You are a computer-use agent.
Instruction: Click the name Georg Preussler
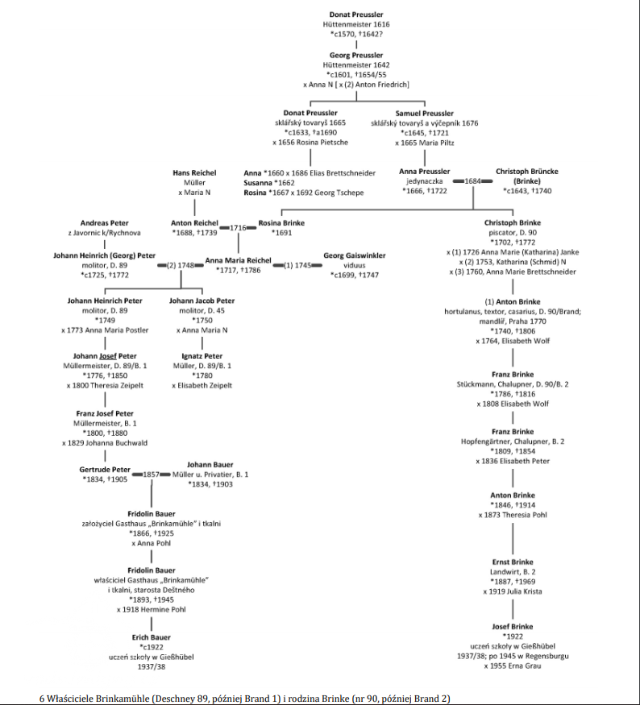tap(356, 55)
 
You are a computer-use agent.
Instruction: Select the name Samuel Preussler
tap(424, 114)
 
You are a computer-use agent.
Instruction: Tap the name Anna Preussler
tap(424, 172)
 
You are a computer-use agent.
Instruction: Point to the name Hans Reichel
tap(194, 172)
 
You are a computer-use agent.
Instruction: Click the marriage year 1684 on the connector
tap(472, 181)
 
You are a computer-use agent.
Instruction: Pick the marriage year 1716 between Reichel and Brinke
tap(238, 228)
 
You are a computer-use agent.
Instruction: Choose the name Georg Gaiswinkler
tap(355, 255)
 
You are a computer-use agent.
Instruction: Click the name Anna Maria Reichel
tap(238, 260)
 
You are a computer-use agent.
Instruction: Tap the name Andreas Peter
tap(105, 223)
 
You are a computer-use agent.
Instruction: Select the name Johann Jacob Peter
tap(202, 301)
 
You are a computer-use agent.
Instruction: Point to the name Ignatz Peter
tap(202, 355)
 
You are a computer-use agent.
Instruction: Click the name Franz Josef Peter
tap(105, 413)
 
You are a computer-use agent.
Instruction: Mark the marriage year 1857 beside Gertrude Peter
tap(152, 475)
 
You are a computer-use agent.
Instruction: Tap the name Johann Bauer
tap(210, 465)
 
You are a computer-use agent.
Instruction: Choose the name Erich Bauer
tap(152, 637)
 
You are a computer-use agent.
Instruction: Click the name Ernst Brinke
tap(513, 562)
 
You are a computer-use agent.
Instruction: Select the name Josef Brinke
tap(513, 626)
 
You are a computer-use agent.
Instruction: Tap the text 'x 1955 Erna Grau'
tap(513, 666)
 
